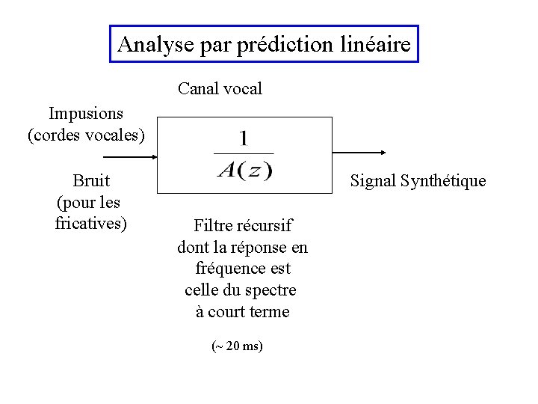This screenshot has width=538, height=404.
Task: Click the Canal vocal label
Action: (220, 89)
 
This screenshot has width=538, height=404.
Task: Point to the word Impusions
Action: (86, 114)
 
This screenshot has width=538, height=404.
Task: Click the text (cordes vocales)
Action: (86, 135)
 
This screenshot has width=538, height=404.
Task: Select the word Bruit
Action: (91, 180)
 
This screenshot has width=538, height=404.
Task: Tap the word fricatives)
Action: (91, 223)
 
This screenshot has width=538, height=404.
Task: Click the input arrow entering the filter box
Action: (129, 157)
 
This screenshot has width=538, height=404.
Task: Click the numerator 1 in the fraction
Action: (244, 138)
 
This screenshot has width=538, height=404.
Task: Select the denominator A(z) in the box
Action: (244, 170)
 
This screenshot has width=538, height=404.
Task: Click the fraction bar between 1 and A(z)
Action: (244, 154)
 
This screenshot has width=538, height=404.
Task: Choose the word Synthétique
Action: (443, 181)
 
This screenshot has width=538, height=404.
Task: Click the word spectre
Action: (271, 290)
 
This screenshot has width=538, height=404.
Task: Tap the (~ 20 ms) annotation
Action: (238, 346)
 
